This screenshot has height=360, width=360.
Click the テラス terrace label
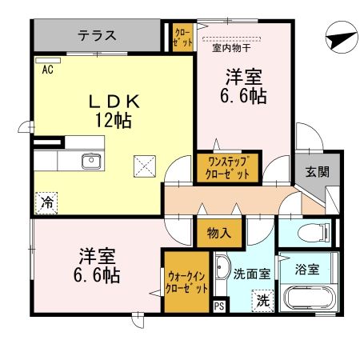pos(97,35)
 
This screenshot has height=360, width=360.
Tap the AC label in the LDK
pos(47,69)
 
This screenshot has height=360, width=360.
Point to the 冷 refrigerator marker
pos(47,203)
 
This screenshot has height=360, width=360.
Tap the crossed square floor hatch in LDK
pos(146,166)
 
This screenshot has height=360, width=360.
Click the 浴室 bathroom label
pos(309,269)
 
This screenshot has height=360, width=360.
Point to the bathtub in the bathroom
pos(308,300)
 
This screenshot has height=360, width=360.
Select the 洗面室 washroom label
pos(251,272)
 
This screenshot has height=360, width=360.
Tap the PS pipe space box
pos(219,306)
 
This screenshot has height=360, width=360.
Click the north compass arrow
pos(339,38)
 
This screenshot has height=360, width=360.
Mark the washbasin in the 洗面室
pos(222,269)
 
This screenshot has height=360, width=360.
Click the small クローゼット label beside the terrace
pos(182,38)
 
